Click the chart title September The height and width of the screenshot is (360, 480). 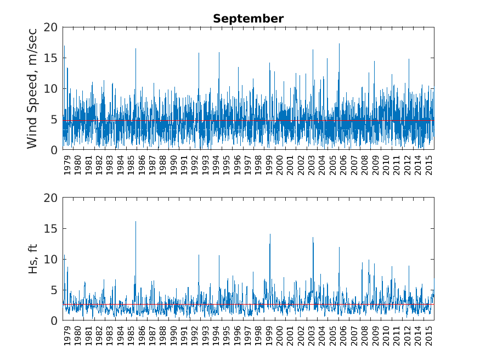click(x=248, y=19)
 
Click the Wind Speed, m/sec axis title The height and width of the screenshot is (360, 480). click(x=32, y=88)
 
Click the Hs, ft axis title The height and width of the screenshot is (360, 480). click(x=32, y=259)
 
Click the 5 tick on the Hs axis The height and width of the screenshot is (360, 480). click(x=54, y=290)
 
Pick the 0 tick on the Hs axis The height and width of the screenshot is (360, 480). click(x=54, y=320)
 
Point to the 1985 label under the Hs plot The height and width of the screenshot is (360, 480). click(x=131, y=336)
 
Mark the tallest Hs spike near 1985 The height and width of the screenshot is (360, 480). click(x=135, y=222)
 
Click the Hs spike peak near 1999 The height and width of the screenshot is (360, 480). click(x=270, y=234)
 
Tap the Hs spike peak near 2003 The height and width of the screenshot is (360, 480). click(x=313, y=238)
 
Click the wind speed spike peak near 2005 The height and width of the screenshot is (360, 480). click(x=339, y=44)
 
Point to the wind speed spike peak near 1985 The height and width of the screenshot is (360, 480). click(x=135, y=49)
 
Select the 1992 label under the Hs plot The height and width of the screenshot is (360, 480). click(x=195, y=336)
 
